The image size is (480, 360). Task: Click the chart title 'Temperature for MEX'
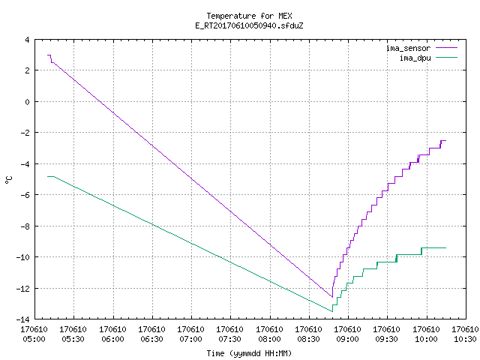click(x=249, y=16)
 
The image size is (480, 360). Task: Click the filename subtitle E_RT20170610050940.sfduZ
click(x=249, y=25)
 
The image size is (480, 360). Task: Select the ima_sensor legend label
click(x=408, y=48)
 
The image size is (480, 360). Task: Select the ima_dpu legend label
click(x=415, y=58)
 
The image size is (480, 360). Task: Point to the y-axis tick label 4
click(x=27, y=40)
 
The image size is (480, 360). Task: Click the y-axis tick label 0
click(x=27, y=102)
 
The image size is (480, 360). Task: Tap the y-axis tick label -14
click(x=22, y=319)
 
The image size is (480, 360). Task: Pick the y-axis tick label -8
click(x=25, y=226)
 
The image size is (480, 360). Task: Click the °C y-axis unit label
click(x=8, y=180)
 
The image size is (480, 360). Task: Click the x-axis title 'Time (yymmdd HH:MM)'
click(x=249, y=353)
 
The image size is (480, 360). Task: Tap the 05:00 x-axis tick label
click(x=34, y=339)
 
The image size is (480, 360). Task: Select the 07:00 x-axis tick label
click(x=190, y=339)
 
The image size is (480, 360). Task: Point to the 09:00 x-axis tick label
click(x=347, y=339)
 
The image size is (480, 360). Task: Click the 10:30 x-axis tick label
click(x=465, y=339)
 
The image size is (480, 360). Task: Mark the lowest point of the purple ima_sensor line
click(x=332, y=297)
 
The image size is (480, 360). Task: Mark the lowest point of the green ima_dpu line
click(x=332, y=312)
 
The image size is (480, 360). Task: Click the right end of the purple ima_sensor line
click(x=446, y=140)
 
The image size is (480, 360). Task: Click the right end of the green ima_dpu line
click(x=446, y=248)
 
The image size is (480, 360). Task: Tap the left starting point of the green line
click(x=47, y=177)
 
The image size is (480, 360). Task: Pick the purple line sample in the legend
click(x=446, y=48)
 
